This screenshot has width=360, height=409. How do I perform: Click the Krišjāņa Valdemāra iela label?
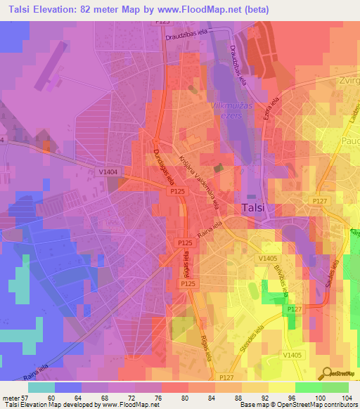coord(200,181)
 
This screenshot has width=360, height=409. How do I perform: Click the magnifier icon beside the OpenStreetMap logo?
coord(326,374)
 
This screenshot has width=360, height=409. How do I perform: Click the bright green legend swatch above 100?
coord(308,387)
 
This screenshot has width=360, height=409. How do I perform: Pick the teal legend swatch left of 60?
coord(41,387)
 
